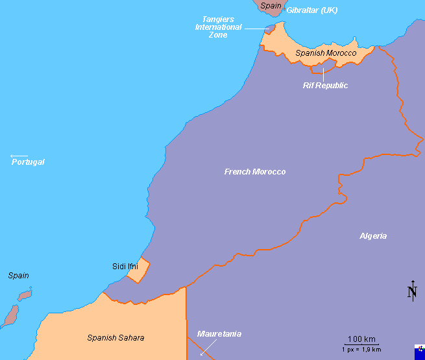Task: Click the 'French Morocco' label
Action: pyautogui.click(x=254, y=172)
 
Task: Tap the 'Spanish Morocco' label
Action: pyautogui.click(x=326, y=53)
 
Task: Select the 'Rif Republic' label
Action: pyautogui.click(x=326, y=86)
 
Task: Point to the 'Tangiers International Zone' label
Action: pyautogui.click(x=218, y=27)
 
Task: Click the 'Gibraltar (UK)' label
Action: pyautogui.click(x=312, y=10)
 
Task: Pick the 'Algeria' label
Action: pyautogui.click(x=373, y=236)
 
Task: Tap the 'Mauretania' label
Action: pyautogui.click(x=219, y=334)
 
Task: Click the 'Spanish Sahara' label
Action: pyautogui.click(x=115, y=338)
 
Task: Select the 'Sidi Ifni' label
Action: pyautogui.click(x=125, y=267)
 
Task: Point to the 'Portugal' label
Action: pyautogui.click(x=28, y=162)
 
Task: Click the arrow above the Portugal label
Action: pyautogui.click(x=19, y=156)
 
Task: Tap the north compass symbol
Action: pyautogui.click(x=412, y=292)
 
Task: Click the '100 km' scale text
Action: pyautogui.click(x=361, y=340)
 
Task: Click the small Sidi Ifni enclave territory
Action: pyautogui.click(x=138, y=270)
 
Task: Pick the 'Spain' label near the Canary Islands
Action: pyautogui.click(x=18, y=276)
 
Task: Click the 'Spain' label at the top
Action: pyautogui.click(x=271, y=6)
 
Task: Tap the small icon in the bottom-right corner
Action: pyautogui.click(x=420, y=350)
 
